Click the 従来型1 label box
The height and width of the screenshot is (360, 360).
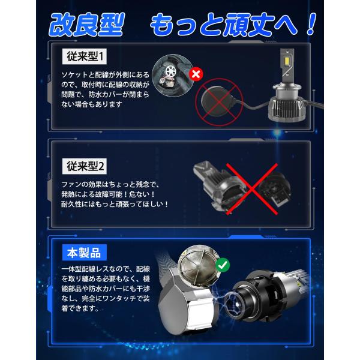coord(84,56)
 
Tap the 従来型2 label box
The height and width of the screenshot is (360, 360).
coord(84,166)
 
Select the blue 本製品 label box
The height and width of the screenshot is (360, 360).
coord(84,253)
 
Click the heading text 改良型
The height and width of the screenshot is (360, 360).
coord(87,25)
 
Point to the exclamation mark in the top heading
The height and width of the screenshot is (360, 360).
coord(311,25)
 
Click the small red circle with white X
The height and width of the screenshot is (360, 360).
coord(196,74)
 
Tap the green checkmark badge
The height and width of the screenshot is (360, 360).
coord(223,265)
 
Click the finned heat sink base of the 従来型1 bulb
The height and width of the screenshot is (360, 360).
coord(287,109)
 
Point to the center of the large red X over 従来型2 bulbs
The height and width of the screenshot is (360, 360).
coord(252,189)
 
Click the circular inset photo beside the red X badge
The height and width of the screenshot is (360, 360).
coord(172,76)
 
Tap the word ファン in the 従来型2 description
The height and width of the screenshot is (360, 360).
coord(71,184)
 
